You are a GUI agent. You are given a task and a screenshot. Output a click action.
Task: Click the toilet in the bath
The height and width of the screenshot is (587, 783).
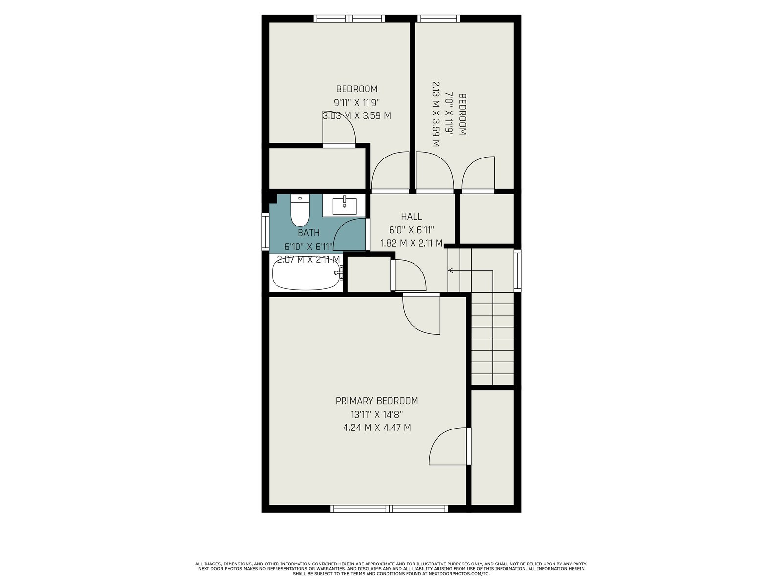[299, 210]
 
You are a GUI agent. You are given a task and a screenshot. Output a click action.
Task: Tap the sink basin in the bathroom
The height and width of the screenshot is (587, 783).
[344, 206]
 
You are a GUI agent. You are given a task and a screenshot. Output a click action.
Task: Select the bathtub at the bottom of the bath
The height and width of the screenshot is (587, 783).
[306, 276]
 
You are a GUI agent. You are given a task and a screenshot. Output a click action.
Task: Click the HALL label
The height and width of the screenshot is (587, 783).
[411, 216]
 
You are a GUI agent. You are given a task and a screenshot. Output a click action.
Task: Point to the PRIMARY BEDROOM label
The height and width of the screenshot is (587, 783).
[377, 401]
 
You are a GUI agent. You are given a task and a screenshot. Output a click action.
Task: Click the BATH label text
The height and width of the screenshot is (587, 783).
[309, 233]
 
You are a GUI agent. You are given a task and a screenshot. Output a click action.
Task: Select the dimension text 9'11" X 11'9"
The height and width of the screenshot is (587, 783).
[356, 103]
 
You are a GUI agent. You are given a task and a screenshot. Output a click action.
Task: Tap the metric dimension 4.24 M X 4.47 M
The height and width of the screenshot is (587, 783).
[377, 428]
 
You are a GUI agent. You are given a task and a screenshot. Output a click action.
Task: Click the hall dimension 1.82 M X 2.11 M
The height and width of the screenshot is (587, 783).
[411, 243]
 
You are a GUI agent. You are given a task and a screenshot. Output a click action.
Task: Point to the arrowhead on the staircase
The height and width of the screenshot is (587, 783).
[451, 271]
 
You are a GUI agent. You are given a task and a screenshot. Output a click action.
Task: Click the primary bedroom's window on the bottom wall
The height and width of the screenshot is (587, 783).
[389, 509]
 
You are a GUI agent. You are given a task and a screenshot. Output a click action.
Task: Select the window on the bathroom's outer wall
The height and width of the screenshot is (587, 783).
[265, 232]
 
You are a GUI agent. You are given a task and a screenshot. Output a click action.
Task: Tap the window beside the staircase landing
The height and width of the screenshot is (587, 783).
[517, 271]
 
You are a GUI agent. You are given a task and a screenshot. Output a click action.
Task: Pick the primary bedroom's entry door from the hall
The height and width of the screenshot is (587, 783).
[421, 314]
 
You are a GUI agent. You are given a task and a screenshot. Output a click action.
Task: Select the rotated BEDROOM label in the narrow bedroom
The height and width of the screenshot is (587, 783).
[462, 114]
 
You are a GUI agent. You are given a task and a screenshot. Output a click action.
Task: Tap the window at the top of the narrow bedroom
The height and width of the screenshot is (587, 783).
[438, 18]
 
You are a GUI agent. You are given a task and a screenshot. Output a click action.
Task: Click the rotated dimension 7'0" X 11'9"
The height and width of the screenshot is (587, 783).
[449, 114]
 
